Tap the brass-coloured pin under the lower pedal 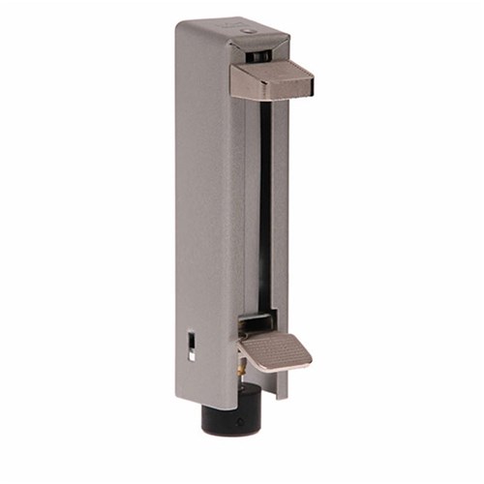click(237, 369)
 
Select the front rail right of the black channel click(280, 213)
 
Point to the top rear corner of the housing click(180, 25)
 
